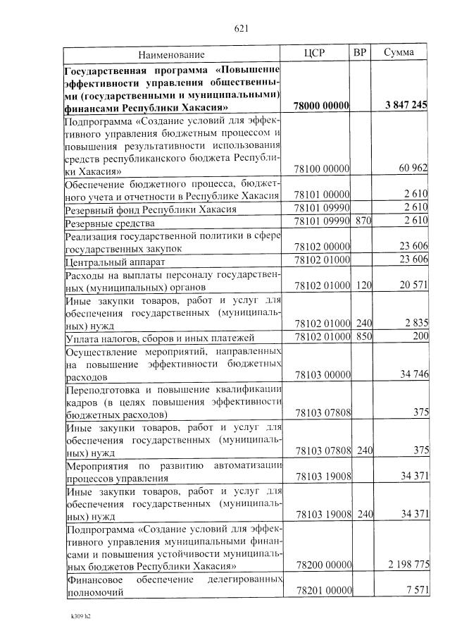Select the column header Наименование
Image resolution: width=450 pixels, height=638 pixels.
click(171, 54)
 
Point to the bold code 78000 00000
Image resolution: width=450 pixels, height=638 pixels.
click(322, 106)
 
